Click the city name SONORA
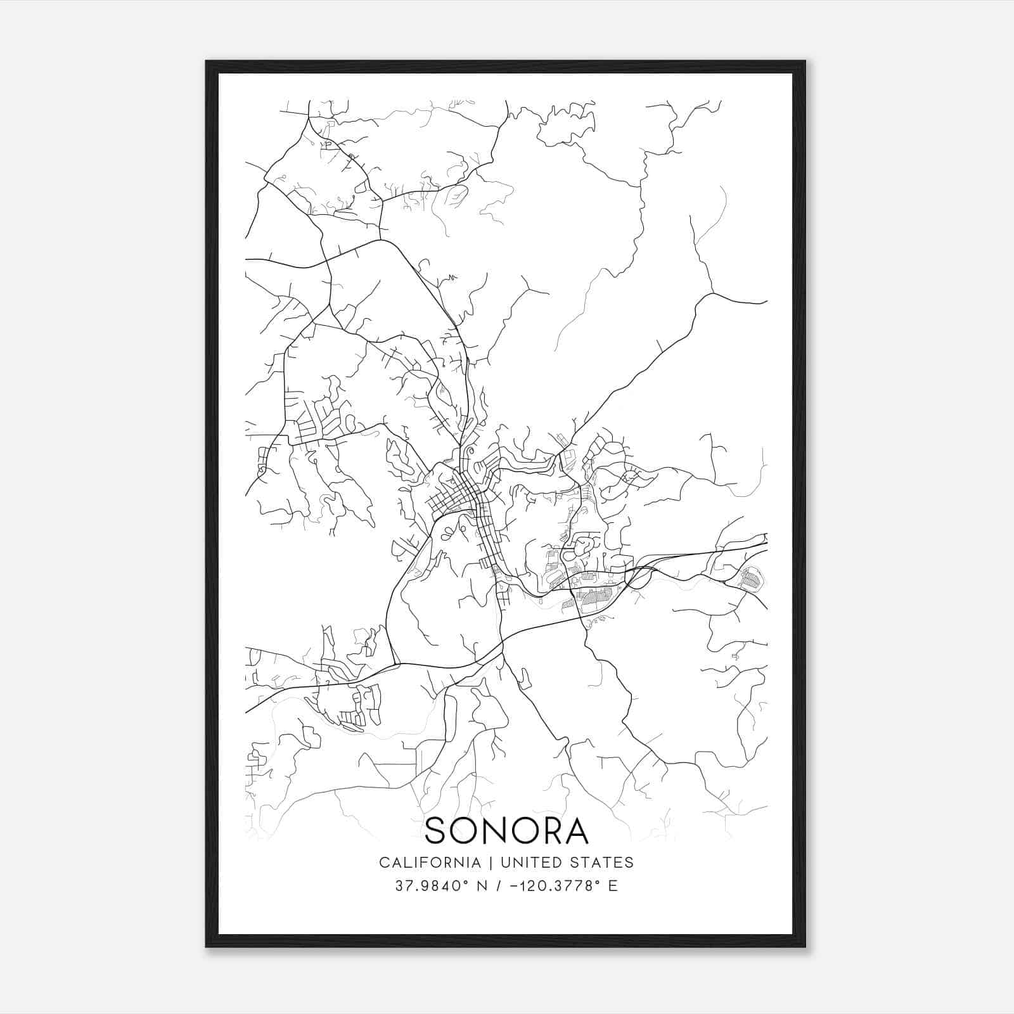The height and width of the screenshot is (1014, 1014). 506,831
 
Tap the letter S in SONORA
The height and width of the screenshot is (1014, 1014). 436,831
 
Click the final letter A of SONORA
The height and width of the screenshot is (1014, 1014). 577,831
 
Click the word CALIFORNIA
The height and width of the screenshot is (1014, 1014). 429,863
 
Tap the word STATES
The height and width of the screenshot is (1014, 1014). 602,863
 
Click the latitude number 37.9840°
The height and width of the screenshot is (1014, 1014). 430,886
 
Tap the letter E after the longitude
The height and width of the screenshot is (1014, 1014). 612,886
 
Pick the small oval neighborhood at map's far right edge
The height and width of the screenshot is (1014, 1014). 752,577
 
